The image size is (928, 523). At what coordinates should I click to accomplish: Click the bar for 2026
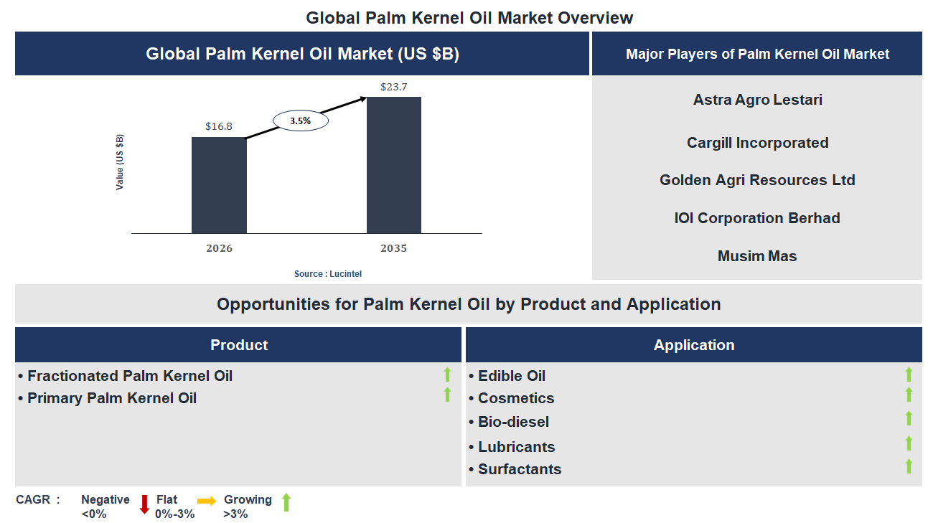pyautogui.click(x=219, y=185)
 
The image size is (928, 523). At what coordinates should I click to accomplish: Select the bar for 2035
pyautogui.click(x=393, y=165)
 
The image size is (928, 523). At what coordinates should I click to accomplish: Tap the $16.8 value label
pyautogui.click(x=219, y=126)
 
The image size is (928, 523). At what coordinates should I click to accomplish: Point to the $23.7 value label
pyautogui.click(x=393, y=87)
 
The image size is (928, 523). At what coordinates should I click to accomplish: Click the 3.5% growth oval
pyautogui.click(x=301, y=121)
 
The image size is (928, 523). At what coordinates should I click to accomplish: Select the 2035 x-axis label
pyautogui.click(x=393, y=248)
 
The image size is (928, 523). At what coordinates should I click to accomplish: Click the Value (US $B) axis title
pyautogui.click(x=120, y=162)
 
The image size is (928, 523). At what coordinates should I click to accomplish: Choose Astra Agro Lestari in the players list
pyautogui.click(x=757, y=100)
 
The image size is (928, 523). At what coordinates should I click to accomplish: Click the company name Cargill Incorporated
pyautogui.click(x=757, y=143)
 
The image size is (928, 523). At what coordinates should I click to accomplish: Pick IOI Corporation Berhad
pyautogui.click(x=757, y=218)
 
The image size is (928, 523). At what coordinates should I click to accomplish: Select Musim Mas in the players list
pyautogui.click(x=757, y=256)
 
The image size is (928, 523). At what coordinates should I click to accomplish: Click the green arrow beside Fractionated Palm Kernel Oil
pyautogui.click(x=447, y=374)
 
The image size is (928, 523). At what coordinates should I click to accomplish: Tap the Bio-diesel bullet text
pyautogui.click(x=513, y=422)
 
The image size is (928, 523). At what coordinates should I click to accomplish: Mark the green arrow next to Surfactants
pyautogui.click(x=908, y=466)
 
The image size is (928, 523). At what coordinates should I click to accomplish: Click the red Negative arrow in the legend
pyautogui.click(x=144, y=504)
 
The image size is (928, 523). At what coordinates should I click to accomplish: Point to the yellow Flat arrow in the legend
pyautogui.click(x=207, y=501)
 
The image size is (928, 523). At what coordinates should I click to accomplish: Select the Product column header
pyautogui.click(x=239, y=345)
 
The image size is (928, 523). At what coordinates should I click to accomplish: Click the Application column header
pyautogui.click(x=693, y=345)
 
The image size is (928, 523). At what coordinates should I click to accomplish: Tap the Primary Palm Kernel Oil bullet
pyautogui.click(x=111, y=398)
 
